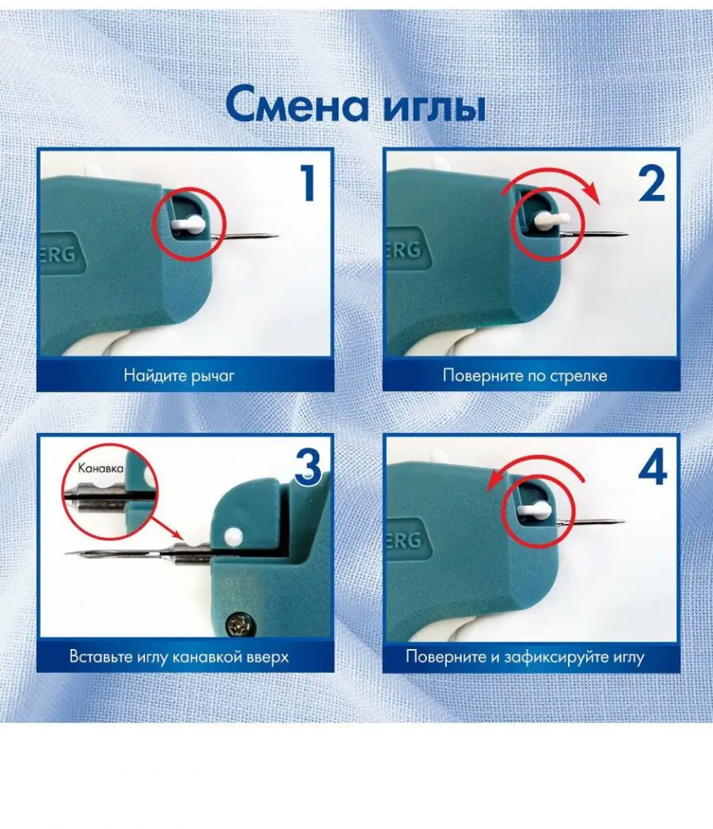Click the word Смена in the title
pyautogui.click(x=297, y=104)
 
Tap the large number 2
pyautogui.click(x=651, y=182)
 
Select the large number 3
pyautogui.click(x=308, y=466)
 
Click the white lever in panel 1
pyautogui.click(x=187, y=224)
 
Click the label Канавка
pyautogui.click(x=100, y=468)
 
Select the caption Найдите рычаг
pyautogui.click(x=179, y=376)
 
